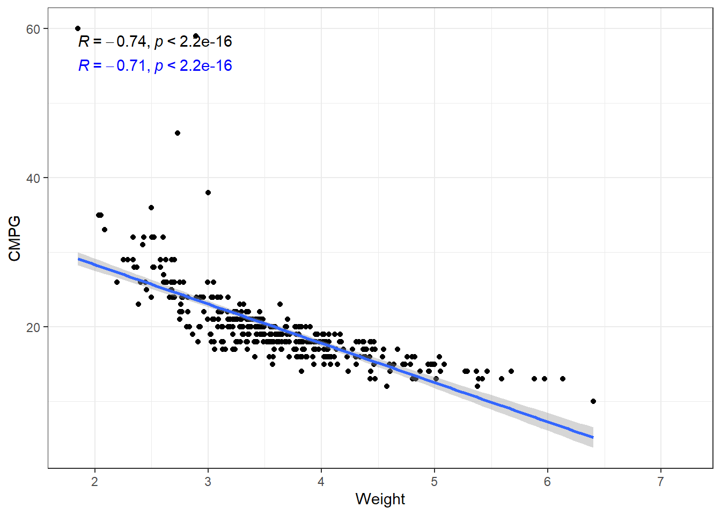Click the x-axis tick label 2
click(x=95, y=482)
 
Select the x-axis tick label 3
click(x=208, y=482)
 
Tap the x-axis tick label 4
click(x=321, y=482)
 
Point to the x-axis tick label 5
click(x=434, y=482)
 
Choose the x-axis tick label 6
click(x=547, y=482)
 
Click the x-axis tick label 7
click(x=660, y=482)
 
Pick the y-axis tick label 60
click(x=33, y=29)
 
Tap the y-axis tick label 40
click(x=33, y=178)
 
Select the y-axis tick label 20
click(x=33, y=327)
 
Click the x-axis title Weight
click(x=380, y=499)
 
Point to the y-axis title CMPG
click(x=14, y=238)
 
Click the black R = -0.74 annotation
click(x=155, y=41)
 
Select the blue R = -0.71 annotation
click(x=155, y=65)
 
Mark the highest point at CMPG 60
click(x=78, y=28)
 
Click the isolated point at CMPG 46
click(x=178, y=133)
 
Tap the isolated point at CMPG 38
click(x=208, y=193)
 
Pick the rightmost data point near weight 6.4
click(x=593, y=401)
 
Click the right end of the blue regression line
click(x=593, y=437)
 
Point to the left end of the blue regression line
click(x=78, y=259)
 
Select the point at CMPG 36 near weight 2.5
click(x=151, y=208)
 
